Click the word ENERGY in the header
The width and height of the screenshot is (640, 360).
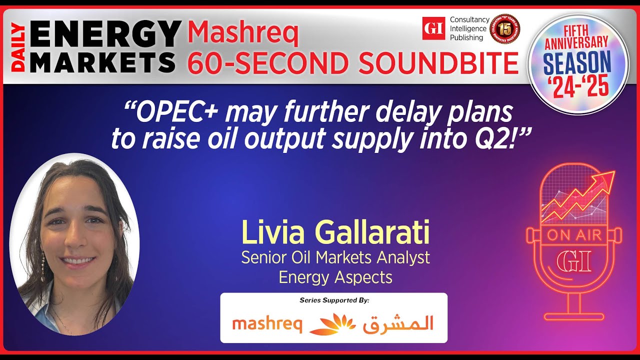tap(105, 32)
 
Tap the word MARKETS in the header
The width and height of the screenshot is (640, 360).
tap(102, 62)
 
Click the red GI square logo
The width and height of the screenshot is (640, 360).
tap(433, 28)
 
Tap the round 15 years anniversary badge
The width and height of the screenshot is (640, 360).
tap(505, 29)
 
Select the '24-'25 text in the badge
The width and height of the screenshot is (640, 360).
tap(577, 85)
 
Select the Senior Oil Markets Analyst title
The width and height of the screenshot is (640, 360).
tap(335, 257)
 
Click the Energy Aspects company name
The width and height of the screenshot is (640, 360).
tap(335, 277)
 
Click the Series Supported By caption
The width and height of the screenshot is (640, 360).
tap(334, 300)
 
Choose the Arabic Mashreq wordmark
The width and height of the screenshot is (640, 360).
tap(398, 324)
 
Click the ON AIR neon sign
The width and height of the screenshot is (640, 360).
tap(573, 235)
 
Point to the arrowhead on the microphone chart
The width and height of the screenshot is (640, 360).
tap(605, 178)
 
